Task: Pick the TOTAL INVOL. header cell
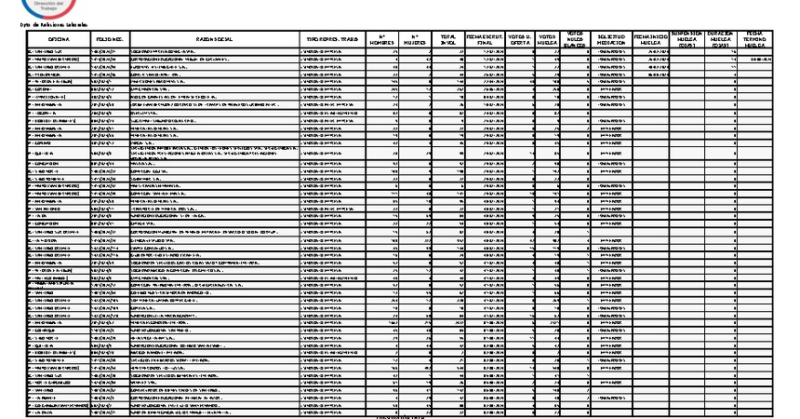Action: click(x=448, y=39)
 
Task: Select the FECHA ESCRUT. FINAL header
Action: click(x=484, y=39)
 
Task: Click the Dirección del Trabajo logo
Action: click(x=43, y=7)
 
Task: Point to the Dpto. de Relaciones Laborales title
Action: click(x=47, y=23)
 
